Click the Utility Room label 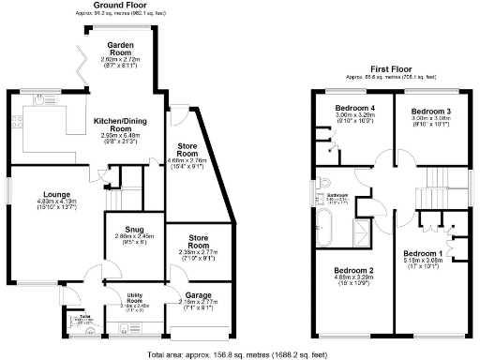tap(139, 300)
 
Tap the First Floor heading tap(393, 68)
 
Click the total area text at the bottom tap(241, 354)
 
